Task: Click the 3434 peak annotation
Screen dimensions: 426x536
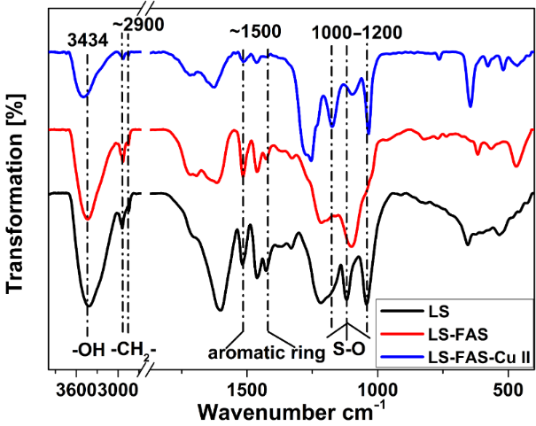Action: tap(87, 39)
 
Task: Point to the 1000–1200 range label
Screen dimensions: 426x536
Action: tap(357, 32)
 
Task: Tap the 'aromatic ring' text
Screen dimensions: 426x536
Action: tap(266, 353)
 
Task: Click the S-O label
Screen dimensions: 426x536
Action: tap(348, 349)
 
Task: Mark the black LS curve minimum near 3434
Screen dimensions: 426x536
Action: tap(88, 305)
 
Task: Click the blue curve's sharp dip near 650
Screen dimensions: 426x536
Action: tap(470, 106)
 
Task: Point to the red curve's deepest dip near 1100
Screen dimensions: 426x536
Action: tap(352, 245)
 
